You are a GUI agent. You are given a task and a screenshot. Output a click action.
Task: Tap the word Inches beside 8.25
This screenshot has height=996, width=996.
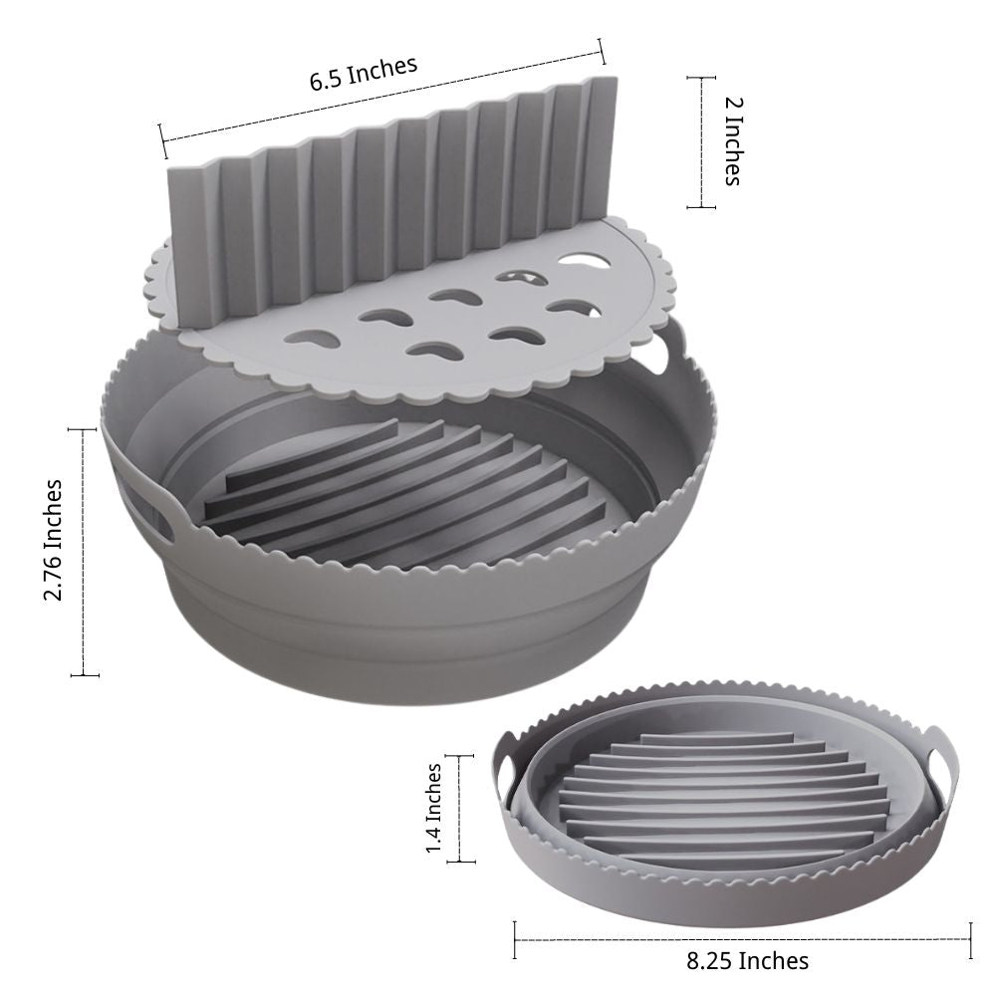pos(773,960)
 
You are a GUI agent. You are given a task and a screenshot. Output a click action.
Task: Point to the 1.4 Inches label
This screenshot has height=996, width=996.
pos(433,808)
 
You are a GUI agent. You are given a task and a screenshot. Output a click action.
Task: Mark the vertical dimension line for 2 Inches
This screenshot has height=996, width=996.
pos(701,142)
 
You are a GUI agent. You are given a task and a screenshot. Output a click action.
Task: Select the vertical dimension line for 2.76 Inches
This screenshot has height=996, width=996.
pos(84,553)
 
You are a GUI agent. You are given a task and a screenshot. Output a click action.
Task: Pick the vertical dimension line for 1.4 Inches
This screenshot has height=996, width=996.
pos(460,808)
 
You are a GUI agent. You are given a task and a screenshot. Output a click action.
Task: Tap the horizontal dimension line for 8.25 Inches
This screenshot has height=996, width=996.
pos(742,937)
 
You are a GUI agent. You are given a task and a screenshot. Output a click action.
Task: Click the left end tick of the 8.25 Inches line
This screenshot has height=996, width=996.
pos(515,937)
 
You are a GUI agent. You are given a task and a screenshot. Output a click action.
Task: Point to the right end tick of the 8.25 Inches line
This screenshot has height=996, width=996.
pos(970,937)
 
